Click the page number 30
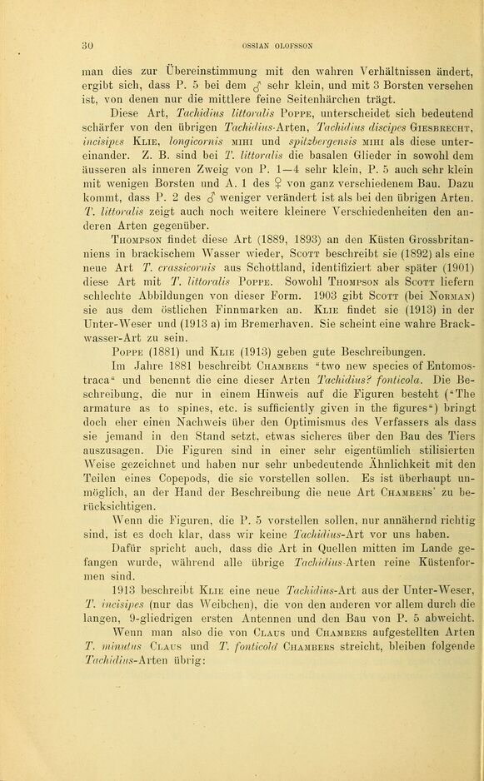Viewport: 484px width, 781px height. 86,45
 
